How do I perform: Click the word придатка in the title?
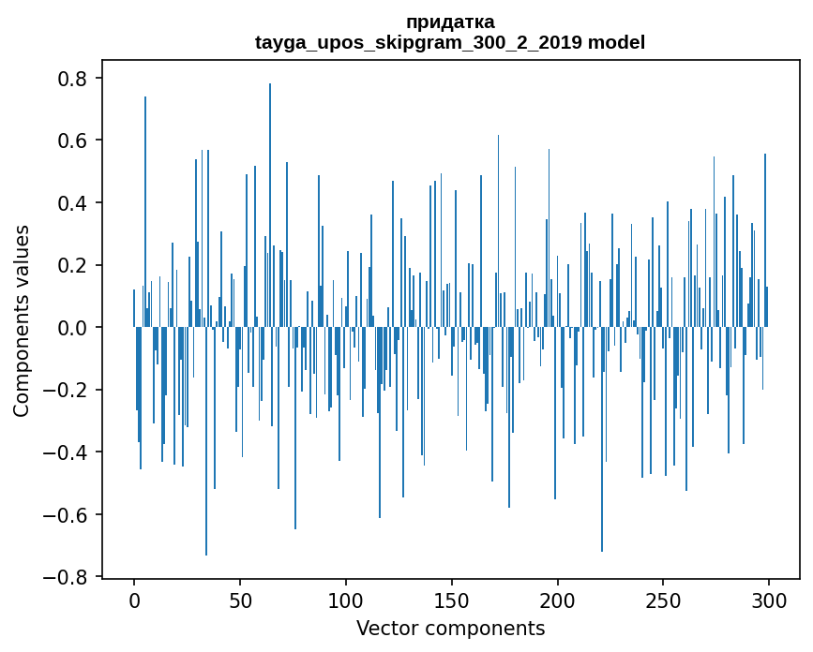450,22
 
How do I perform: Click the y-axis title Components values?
22,320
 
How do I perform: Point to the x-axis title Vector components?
450,628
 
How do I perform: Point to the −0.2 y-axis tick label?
68,390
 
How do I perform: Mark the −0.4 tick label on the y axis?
68,452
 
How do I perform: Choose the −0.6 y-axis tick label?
68,514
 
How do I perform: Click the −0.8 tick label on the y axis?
68,577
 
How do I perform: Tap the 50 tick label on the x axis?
240,600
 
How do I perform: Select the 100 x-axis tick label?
346,600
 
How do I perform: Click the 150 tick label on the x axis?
452,600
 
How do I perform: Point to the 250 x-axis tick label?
664,600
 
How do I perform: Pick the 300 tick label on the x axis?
770,600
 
